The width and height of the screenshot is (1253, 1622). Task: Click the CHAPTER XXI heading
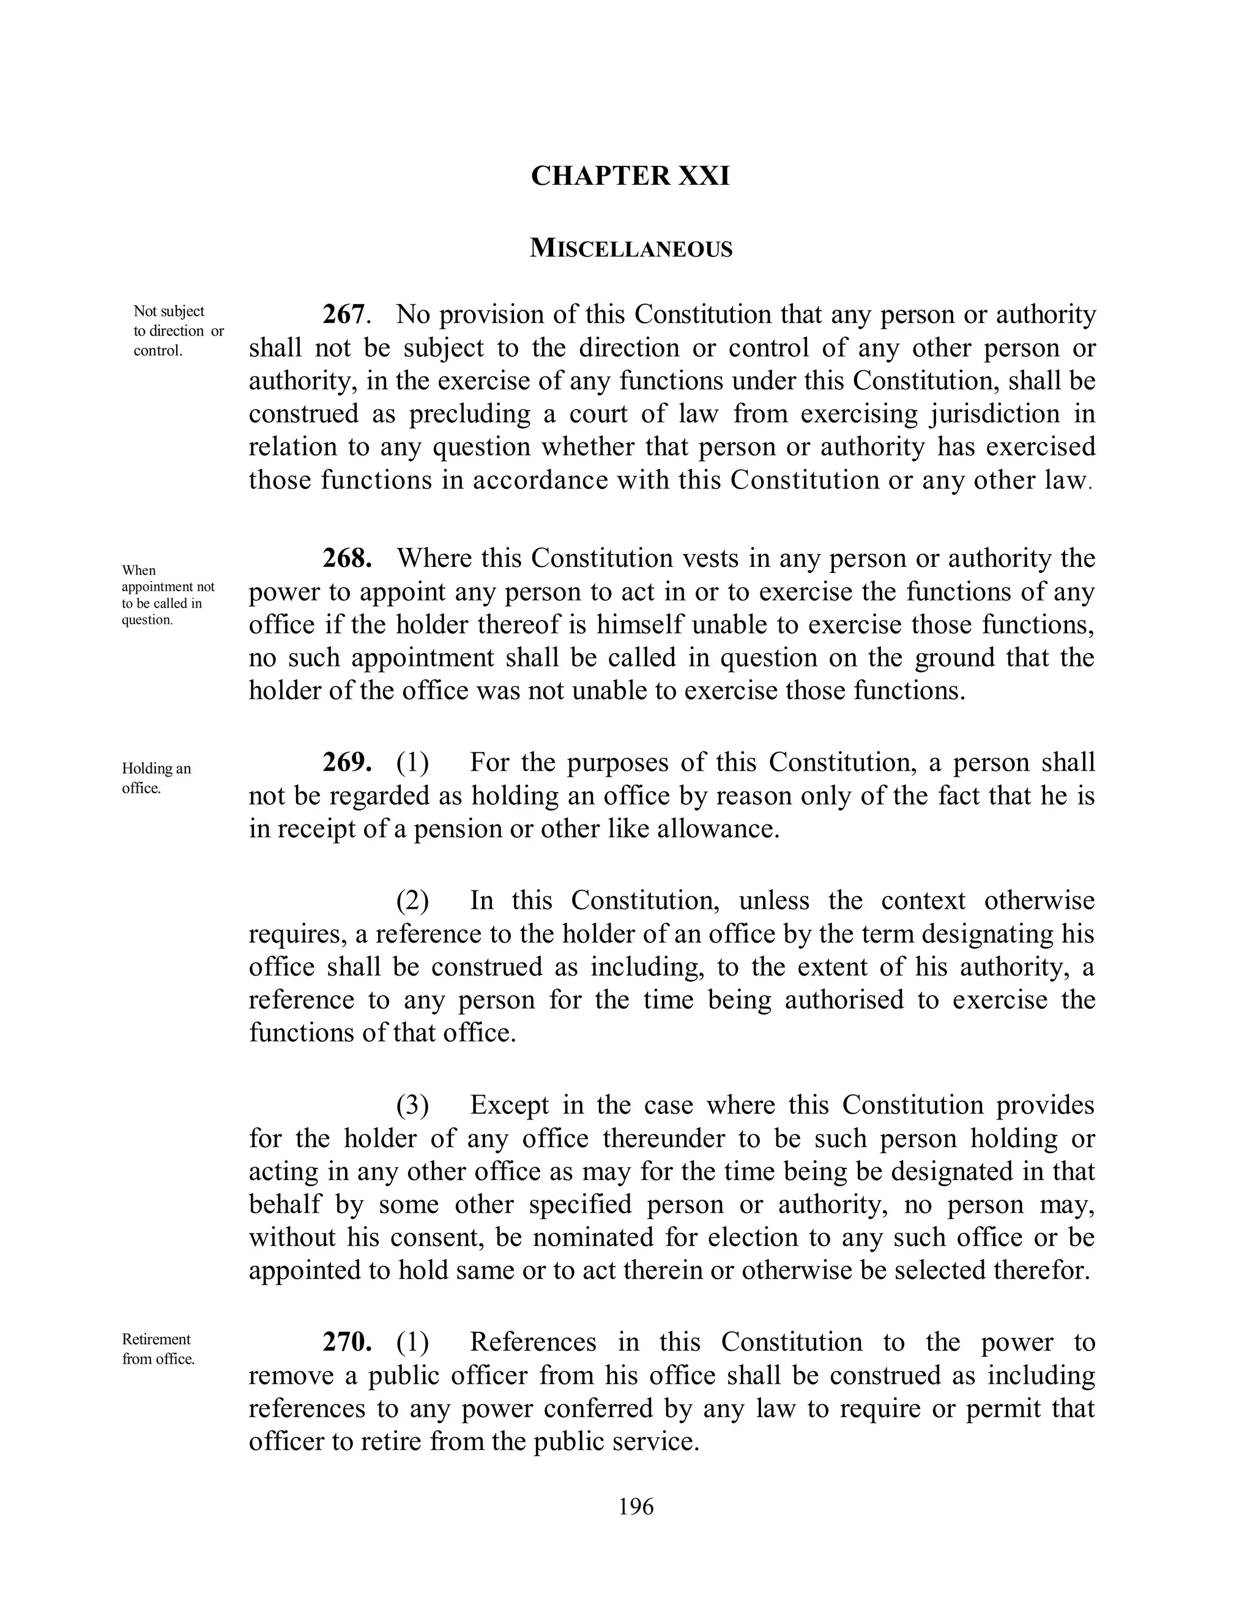click(630, 176)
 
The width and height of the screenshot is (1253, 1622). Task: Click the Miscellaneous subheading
click(631, 249)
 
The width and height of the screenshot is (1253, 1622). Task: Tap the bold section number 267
click(344, 314)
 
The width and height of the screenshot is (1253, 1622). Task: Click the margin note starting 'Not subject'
click(177, 331)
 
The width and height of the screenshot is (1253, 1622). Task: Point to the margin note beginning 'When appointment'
click(167, 595)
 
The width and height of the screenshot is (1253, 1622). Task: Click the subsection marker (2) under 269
click(412, 901)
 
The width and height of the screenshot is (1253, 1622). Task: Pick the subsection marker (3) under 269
click(412, 1105)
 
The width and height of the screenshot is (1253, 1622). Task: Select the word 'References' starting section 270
click(533, 1342)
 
